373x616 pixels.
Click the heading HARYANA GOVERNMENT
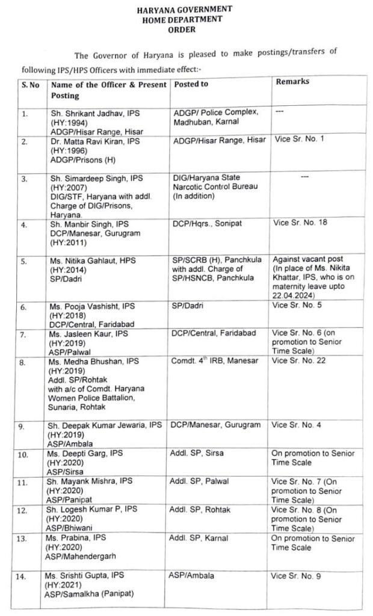pos(184,10)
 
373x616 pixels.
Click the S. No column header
pos(30,85)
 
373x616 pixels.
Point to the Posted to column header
pos(191,84)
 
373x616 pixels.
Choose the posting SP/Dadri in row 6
pos(186,306)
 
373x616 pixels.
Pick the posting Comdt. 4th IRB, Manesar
pos(208,361)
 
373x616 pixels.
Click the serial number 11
pos(22,483)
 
